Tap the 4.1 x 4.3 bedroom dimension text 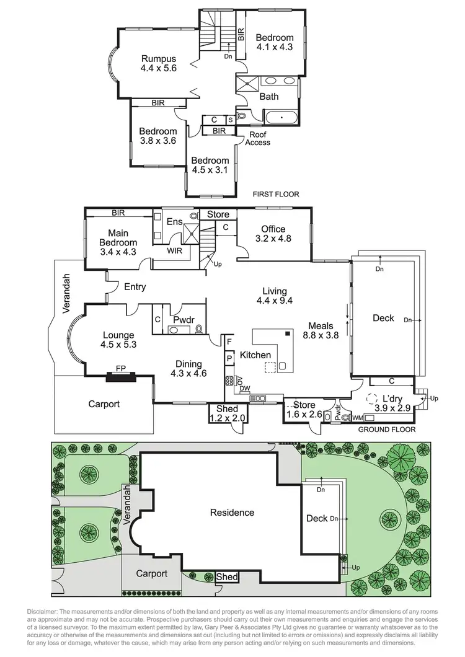274,46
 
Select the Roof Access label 258,138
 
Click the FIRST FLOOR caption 275,194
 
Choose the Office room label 273,229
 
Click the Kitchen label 255,355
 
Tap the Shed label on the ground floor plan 226,409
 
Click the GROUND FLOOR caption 387,429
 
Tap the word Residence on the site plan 232,512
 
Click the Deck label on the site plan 317,518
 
